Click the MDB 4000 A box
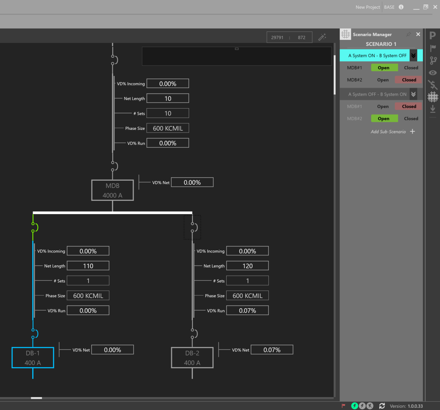112,190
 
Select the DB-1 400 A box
33,358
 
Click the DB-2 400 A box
192,358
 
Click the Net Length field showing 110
88,266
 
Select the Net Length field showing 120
248,266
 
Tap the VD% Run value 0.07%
248,311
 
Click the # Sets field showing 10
168,113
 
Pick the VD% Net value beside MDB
192,183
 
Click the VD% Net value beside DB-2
272,350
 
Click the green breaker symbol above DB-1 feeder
34,227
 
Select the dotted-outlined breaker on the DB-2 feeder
192,227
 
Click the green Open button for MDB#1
384,68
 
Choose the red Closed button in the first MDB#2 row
409,80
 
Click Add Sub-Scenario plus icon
413,132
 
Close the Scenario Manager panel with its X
418,34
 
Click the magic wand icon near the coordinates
322,37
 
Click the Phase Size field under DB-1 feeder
88,296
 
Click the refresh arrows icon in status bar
382,406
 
